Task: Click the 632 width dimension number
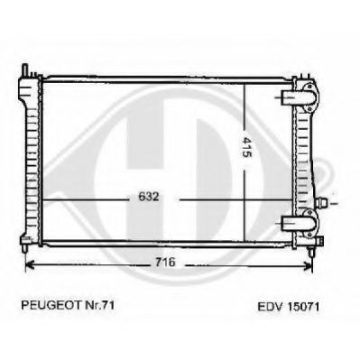tap(148, 197)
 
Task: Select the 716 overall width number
tap(165, 263)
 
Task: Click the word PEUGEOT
tap(51, 306)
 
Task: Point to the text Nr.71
tap(98, 306)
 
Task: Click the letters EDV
tap(271, 307)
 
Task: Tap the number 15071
tap(303, 307)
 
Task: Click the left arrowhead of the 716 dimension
tap(30, 265)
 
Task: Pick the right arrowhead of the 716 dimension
tap(309, 265)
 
